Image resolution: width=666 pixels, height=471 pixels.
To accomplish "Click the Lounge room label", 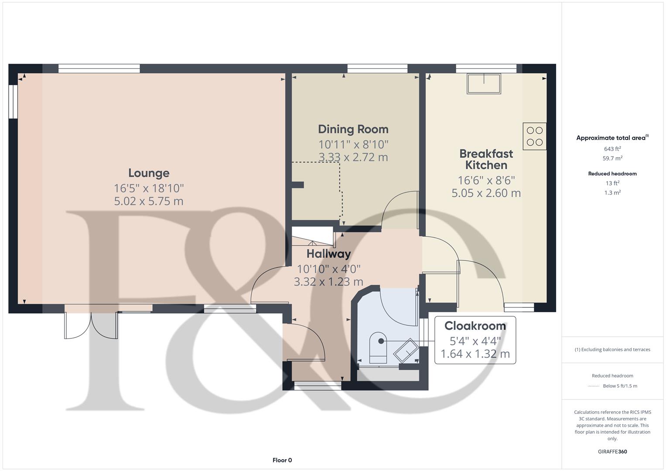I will pyautogui.click(x=149, y=173).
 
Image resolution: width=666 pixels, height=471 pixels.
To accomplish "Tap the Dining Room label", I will pyautogui.click(x=353, y=129).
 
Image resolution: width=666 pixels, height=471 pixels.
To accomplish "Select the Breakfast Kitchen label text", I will pyautogui.click(x=486, y=159).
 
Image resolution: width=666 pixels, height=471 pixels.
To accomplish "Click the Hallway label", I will pyautogui.click(x=328, y=254).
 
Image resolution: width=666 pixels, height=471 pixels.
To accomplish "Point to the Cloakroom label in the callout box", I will pyautogui.click(x=475, y=326).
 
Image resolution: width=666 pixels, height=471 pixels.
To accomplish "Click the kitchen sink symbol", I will pyautogui.click(x=484, y=83).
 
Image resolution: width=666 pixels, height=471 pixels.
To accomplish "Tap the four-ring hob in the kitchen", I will pyautogui.click(x=534, y=136).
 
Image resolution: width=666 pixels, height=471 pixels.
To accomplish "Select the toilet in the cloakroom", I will pyautogui.click(x=379, y=348).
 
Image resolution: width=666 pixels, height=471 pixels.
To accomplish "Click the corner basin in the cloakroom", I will pyautogui.click(x=406, y=350).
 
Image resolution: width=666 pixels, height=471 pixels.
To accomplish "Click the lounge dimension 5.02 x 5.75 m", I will pyautogui.click(x=149, y=201).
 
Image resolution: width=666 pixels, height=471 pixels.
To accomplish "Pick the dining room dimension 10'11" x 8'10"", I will pyautogui.click(x=353, y=144).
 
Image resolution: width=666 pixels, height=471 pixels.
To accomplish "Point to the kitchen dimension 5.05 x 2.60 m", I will pyautogui.click(x=486, y=193).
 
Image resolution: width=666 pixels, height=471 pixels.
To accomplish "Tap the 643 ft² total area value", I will pyautogui.click(x=612, y=149).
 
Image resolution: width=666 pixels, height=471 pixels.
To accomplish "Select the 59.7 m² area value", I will pyautogui.click(x=612, y=158).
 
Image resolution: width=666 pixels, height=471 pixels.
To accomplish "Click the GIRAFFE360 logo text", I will pyautogui.click(x=612, y=451).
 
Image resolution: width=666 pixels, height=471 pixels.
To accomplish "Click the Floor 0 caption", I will pyautogui.click(x=282, y=460).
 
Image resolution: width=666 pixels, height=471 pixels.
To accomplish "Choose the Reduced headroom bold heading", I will pyautogui.click(x=612, y=174).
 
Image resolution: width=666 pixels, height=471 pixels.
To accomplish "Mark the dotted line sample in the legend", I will pyautogui.click(x=594, y=386).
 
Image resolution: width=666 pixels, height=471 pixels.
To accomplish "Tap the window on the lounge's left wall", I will pyautogui.click(x=13, y=101).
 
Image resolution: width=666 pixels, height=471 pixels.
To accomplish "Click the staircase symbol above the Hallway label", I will pyautogui.click(x=312, y=238).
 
